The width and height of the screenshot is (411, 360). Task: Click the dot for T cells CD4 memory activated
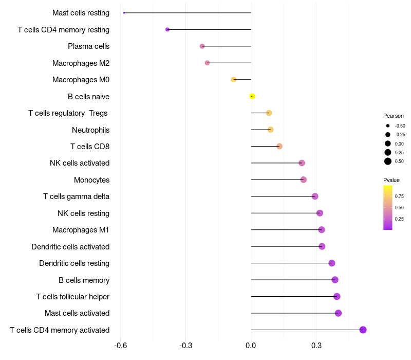363,330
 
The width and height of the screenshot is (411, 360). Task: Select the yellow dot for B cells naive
252,96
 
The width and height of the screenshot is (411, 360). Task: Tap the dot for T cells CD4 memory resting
167,29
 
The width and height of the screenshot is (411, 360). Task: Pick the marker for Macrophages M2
207,63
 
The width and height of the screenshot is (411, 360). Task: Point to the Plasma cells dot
202,46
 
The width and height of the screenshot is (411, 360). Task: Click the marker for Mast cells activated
338,313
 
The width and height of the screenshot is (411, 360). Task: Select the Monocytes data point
303,179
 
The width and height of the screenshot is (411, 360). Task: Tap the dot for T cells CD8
279,146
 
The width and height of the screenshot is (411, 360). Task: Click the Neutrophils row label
90,130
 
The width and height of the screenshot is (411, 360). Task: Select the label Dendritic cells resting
74,263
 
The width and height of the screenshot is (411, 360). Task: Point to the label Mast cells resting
81,13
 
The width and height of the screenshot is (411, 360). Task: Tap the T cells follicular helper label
72,297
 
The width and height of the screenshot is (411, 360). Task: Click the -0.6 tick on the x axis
120,345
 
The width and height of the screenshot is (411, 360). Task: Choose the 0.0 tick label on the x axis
251,345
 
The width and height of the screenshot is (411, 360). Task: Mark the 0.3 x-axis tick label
316,345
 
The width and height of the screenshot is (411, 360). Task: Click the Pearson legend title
394,116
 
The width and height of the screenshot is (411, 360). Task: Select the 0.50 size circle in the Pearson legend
388,161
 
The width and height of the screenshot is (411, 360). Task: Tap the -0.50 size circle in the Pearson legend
388,125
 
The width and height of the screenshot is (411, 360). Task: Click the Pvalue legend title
391,180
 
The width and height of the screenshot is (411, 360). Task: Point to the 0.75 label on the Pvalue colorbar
399,196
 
